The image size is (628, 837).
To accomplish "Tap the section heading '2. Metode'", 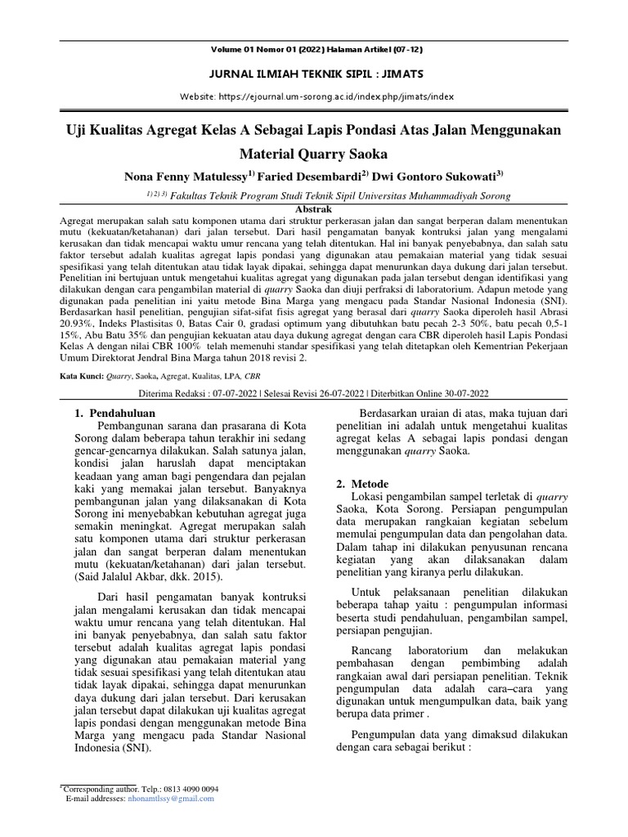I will point(363,484).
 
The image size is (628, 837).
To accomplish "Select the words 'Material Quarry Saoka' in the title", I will point(313,153).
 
